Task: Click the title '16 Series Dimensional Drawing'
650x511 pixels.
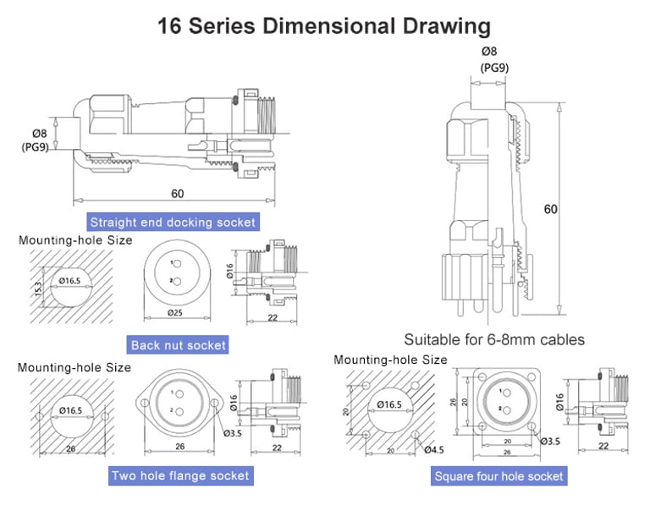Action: tap(324, 25)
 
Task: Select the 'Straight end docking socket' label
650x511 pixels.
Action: tap(172, 223)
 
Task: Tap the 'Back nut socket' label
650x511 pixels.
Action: tap(179, 344)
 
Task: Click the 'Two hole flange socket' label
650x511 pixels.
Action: tap(180, 475)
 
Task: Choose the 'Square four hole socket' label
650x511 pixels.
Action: tap(499, 476)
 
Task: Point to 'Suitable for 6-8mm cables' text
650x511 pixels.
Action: tap(494, 340)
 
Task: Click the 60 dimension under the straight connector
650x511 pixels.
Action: tap(177, 194)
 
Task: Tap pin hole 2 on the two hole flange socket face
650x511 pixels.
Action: tap(179, 411)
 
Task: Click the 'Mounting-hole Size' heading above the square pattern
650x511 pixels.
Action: tap(390, 360)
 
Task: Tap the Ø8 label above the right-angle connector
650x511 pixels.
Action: tap(490, 52)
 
